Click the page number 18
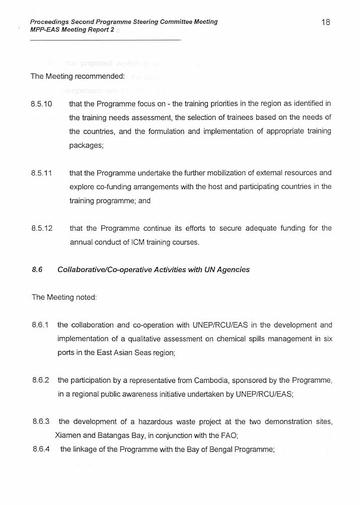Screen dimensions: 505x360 325,22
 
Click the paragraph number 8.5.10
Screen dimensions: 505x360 42,104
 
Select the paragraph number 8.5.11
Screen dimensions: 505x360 42,173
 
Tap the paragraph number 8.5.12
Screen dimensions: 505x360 42,228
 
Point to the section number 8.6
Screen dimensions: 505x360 36,270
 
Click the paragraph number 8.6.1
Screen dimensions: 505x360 40,325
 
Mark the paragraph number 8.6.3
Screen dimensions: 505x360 40,422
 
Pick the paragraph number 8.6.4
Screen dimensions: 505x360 40,450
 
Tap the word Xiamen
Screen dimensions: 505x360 67,435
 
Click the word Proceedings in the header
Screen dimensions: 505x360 49,22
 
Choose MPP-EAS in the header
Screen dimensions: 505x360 44,30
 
